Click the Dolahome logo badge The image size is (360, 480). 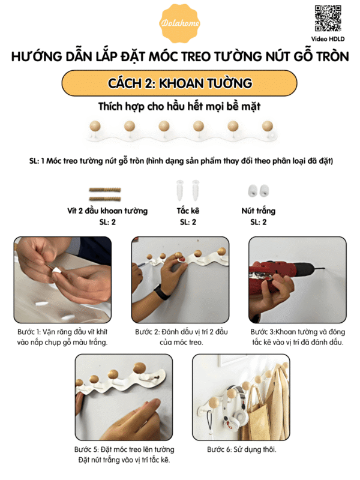(x=180, y=23)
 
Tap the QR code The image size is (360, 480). (x=328, y=18)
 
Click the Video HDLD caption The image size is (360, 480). (x=328, y=39)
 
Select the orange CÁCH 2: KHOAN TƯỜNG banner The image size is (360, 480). (x=179, y=83)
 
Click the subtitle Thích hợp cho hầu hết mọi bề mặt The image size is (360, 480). (x=179, y=107)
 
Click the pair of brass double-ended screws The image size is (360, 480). (x=105, y=194)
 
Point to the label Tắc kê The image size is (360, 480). (x=188, y=211)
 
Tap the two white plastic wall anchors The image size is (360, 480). (x=188, y=190)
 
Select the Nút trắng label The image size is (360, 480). (x=259, y=211)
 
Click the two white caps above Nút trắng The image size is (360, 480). (x=259, y=190)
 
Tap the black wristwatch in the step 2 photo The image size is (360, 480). (x=162, y=292)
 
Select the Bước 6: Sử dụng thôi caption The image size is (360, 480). (x=242, y=449)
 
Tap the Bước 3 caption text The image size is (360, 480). (x=298, y=337)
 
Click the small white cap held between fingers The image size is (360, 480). (x=56, y=270)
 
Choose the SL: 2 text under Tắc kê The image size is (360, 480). (x=188, y=222)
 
